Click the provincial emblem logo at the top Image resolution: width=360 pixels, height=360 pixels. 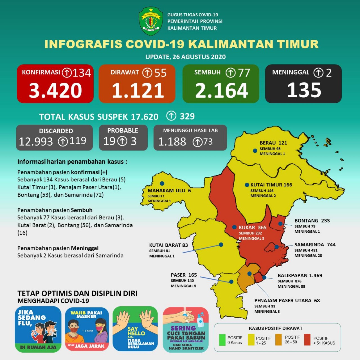(x=151, y=21)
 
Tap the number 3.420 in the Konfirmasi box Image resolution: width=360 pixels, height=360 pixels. (x=55, y=91)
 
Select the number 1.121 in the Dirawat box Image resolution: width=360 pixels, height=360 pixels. (x=138, y=91)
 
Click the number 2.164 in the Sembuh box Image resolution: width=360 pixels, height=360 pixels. (x=221, y=91)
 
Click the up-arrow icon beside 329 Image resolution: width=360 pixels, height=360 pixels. (x=171, y=116)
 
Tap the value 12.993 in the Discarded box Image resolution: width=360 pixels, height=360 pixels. (x=36, y=141)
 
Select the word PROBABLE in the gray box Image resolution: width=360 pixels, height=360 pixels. (x=123, y=130)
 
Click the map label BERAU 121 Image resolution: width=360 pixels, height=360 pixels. (x=273, y=143)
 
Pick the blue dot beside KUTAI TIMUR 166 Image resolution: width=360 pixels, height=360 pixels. (x=247, y=185)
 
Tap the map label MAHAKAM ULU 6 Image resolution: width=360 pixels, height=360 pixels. (x=169, y=190)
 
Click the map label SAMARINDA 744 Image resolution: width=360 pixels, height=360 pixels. (x=315, y=245)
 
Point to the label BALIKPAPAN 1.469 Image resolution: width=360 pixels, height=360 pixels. (x=300, y=276)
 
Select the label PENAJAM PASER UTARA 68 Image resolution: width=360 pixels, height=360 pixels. (x=287, y=300)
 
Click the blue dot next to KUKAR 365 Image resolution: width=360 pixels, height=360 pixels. (x=234, y=227)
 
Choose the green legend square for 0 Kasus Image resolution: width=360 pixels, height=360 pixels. (x=222, y=340)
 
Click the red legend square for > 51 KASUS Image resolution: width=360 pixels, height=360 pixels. (x=307, y=340)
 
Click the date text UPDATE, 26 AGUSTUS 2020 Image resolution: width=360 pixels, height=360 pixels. (x=185, y=57)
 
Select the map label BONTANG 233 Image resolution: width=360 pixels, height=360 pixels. (x=312, y=221)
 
